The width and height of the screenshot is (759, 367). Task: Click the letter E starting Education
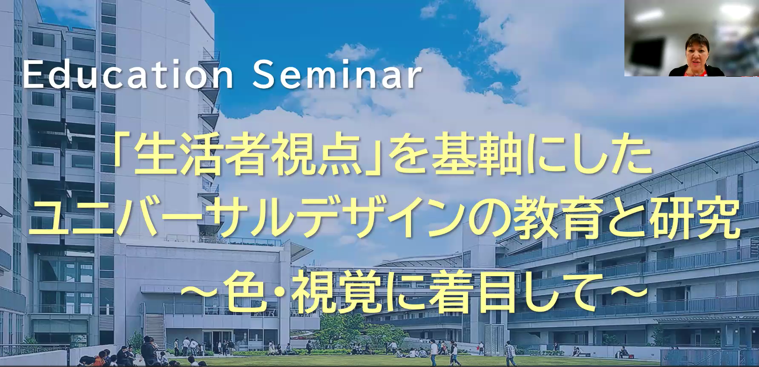tap(31, 76)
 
